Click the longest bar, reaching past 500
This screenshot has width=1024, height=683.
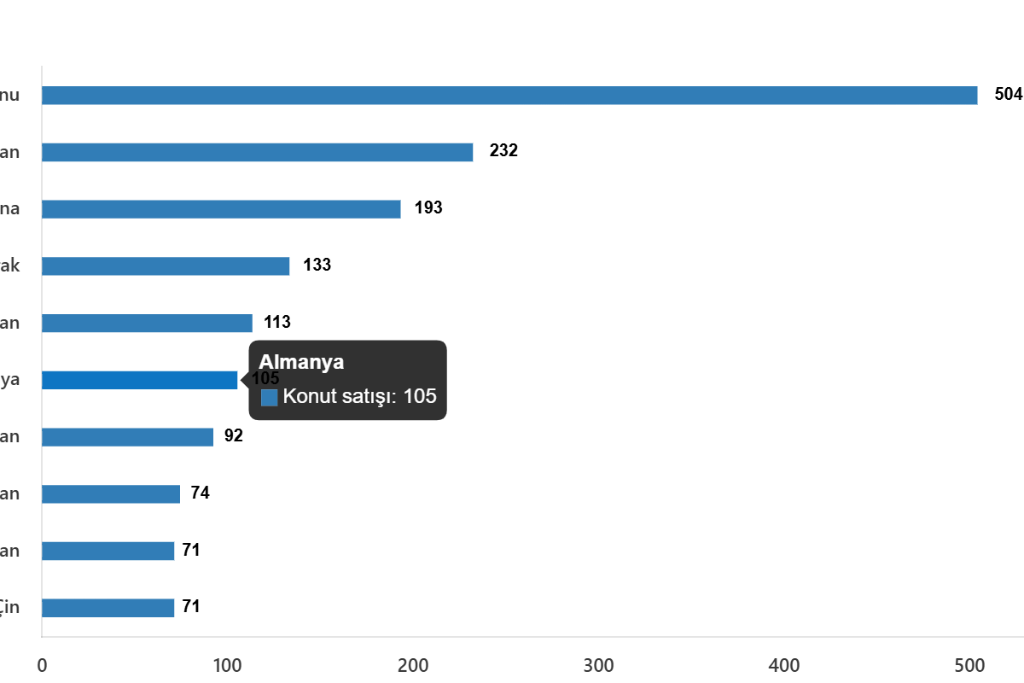click(509, 96)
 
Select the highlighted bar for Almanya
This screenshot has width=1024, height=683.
click(140, 380)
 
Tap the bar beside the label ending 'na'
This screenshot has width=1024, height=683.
click(221, 209)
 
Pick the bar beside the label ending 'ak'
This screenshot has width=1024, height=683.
click(166, 266)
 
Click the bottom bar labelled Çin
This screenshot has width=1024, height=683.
click(108, 608)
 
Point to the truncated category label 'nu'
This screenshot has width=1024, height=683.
click(9, 96)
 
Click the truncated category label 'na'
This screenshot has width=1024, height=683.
click(9, 209)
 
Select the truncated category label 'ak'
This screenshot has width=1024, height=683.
click(9, 266)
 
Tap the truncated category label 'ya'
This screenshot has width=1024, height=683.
click(9, 380)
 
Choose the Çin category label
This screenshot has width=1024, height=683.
click(9, 608)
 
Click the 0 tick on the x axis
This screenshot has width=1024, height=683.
click(42, 666)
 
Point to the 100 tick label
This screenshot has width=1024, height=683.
click(227, 666)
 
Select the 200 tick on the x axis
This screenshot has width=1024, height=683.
click(413, 666)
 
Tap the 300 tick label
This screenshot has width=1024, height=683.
click(598, 666)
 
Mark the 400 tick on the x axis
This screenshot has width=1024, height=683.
click(784, 666)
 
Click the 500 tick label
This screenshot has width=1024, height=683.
click(969, 666)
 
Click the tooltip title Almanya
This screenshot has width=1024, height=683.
click(301, 362)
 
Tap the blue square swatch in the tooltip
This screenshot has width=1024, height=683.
click(269, 397)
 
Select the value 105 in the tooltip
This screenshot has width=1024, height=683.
click(420, 396)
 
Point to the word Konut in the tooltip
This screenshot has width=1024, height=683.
click(308, 396)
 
